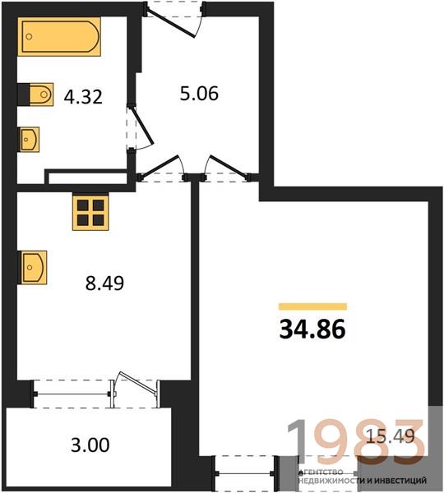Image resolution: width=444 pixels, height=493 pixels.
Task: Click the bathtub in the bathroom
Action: (x=59, y=36)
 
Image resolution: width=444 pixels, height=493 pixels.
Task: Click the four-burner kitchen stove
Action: (x=90, y=212)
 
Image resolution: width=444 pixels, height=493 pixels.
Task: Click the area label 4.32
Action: (x=83, y=97)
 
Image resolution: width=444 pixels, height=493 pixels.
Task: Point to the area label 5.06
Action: (x=199, y=94)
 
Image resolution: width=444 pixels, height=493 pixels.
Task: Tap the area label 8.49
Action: (x=104, y=283)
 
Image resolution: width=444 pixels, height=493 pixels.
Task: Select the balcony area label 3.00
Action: (x=90, y=445)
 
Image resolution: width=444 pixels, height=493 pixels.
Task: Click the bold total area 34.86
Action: (x=312, y=329)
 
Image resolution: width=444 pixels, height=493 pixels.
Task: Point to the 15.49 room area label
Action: (x=391, y=437)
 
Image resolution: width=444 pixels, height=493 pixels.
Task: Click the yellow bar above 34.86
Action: (x=312, y=306)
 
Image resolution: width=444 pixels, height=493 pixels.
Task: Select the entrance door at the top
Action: (x=174, y=20)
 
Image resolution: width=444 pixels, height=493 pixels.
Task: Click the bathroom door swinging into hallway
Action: (x=140, y=128)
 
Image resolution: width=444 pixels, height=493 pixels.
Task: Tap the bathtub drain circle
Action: (x=29, y=36)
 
